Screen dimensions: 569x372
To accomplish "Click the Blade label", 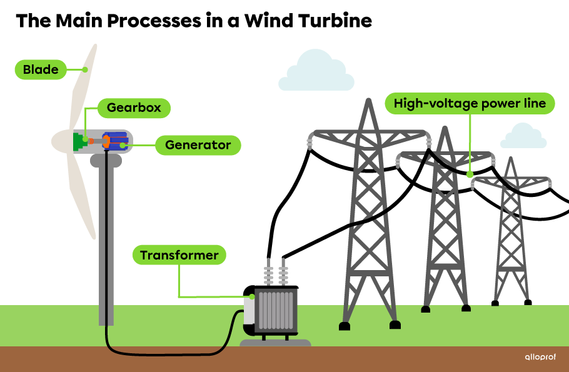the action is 41,69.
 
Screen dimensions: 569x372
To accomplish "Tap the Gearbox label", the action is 134,108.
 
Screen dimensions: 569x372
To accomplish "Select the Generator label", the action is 198,145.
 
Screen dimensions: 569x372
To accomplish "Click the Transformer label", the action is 179,255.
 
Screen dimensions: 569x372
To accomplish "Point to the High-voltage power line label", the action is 470,103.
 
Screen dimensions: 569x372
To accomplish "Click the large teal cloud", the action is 316,73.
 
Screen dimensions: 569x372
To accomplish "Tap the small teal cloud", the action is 524,136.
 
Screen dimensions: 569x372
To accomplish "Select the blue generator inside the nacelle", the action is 116,141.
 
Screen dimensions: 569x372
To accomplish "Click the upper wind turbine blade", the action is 84,88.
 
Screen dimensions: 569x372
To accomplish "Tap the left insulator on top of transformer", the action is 269,273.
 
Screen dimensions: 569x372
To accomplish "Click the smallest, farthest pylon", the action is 511,231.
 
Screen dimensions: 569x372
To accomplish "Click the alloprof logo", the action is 540,358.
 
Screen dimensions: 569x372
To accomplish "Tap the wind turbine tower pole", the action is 106,250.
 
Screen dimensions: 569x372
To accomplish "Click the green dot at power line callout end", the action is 470,174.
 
